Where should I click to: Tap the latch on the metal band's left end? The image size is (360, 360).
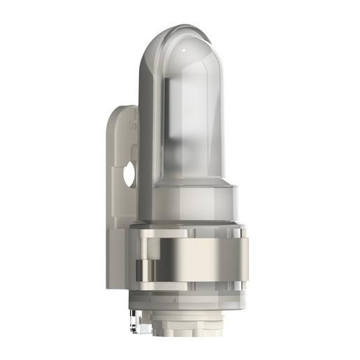tap(147, 268)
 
